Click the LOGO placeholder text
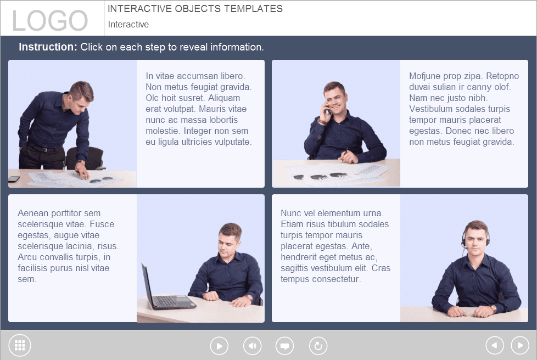[50, 20]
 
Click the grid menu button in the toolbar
[20, 345]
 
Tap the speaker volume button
[252, 346]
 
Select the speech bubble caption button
[284, 346]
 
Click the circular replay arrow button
[318, 346]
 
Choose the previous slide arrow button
[494, 345]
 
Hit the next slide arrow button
[520, 345]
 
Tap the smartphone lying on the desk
[14, 179]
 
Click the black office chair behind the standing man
[86, 158]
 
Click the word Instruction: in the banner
[48, 47]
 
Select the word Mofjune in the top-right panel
[424, 76]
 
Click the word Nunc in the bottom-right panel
[291, 213]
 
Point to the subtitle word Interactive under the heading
[128, 24]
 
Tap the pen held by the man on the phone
[344, 153]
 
